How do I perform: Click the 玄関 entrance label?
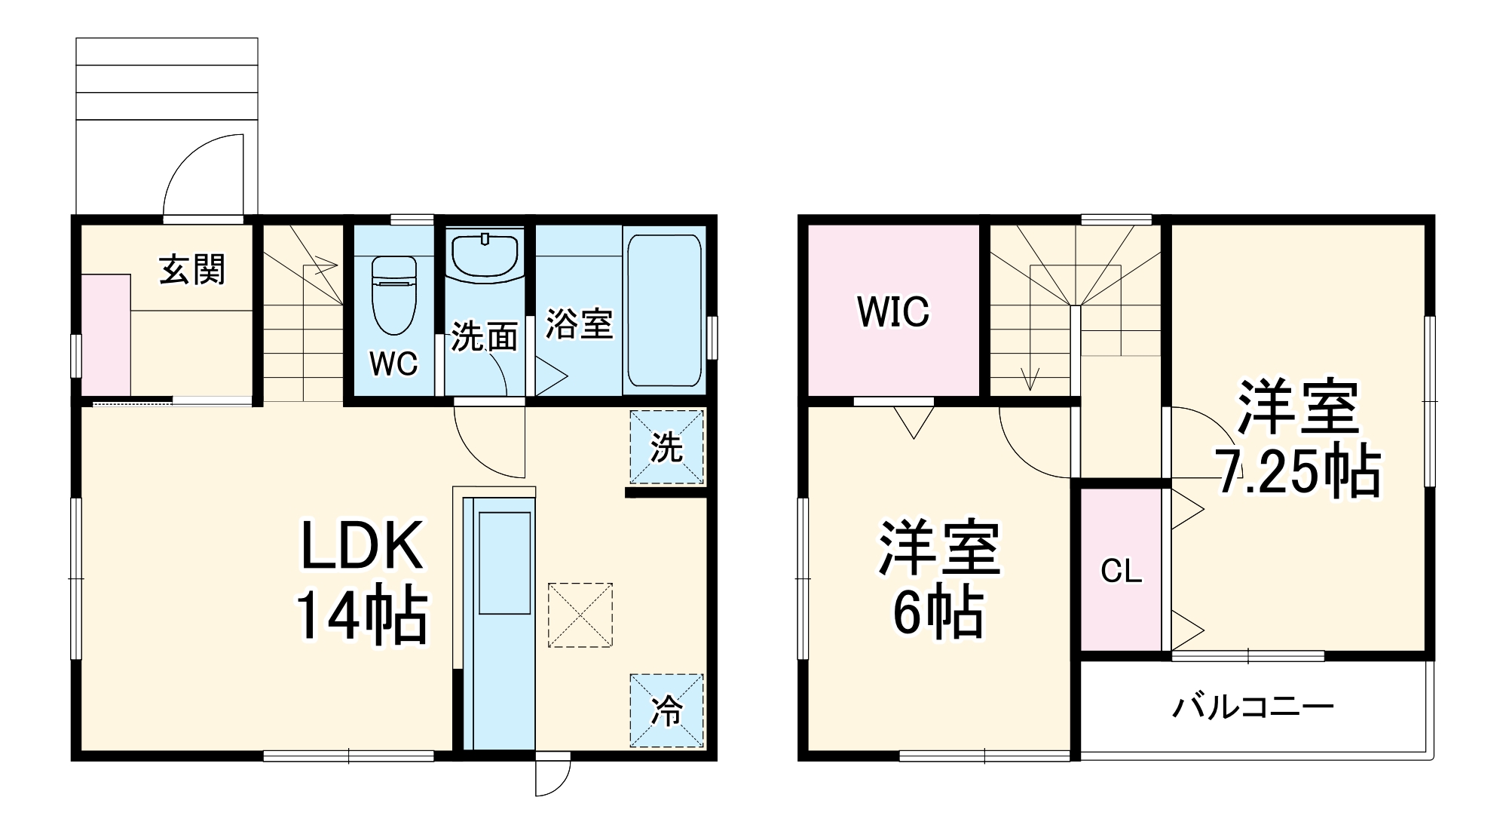pos(192,269)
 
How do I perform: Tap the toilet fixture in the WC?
pos(394,295)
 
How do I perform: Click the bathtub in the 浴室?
pos(663,310)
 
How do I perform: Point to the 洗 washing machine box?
pos(666,447)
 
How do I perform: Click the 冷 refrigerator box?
pos(666,710)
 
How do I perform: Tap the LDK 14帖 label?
pos(362,581)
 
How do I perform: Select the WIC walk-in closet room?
pos(893,311)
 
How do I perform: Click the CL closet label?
pos(1121,572)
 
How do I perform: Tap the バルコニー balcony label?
pos(1253,707)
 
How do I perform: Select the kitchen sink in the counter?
pos(505,563)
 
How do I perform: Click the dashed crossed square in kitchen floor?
pos(580,615)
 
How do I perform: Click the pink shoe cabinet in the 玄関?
pos(106,335)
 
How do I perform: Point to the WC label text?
pos(393,364)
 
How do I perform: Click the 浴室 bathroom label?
pos(579,323)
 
